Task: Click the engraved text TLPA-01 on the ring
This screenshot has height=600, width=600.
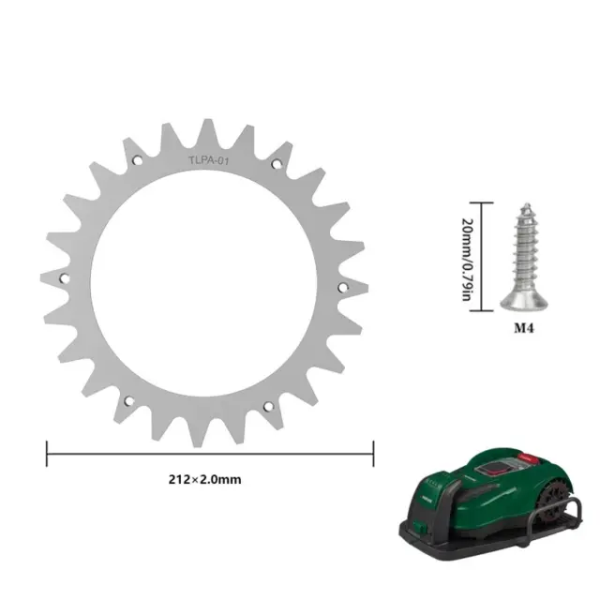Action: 208,160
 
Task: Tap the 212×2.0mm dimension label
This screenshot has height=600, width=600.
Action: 204,479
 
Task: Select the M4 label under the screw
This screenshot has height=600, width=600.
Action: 523,328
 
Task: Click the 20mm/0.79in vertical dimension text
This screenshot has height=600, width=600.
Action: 468,260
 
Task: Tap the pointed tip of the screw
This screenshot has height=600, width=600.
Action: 527,205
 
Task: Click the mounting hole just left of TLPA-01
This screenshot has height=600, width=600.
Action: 138,160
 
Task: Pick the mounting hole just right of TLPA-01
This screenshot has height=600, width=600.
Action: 277,164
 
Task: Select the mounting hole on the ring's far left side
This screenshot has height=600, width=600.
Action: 65,278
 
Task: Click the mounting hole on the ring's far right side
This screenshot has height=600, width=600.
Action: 343,288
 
